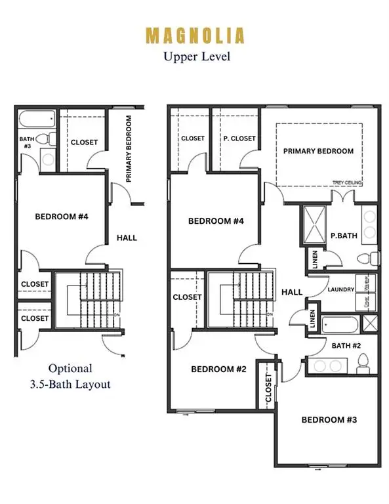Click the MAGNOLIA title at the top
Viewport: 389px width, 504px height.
(x=194, y=35)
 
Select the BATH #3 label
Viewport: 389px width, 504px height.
(x=26, y=142)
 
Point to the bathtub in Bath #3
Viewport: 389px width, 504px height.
(x=37, y=120)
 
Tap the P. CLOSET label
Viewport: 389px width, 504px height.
(x=239, y=138)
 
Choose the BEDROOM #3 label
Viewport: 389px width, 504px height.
(x=327, y=419)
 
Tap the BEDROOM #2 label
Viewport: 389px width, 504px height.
(x=218, y=369)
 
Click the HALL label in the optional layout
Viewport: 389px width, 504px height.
(x=127, y=238)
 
